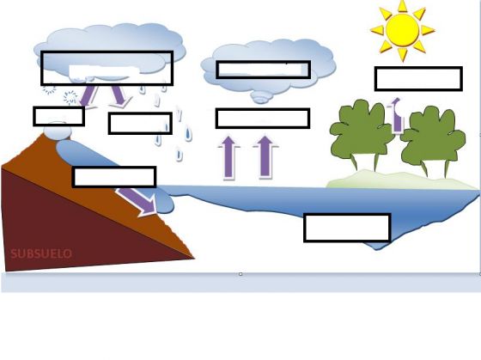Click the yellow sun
coord(402,30)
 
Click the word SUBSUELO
coord(41,253)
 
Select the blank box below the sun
coord(418,78)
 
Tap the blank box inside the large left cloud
coord(107,68)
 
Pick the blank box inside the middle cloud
coord(263,70)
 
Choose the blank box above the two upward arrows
coord(263,119)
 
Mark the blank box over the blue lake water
coord(347,228)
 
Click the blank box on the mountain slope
coord(114,177)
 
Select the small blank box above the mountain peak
coord(59,116)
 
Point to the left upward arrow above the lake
coord(228,157)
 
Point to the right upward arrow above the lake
coord(265,157)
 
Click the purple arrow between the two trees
coord(396,116)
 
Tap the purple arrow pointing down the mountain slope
coord(137,201)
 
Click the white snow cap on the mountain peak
coord(58,131)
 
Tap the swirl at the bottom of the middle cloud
coord(261,98)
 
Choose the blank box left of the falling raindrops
coord(140,124)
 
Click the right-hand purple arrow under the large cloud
coord(120,96)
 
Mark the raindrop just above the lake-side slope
coord(180,154)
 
